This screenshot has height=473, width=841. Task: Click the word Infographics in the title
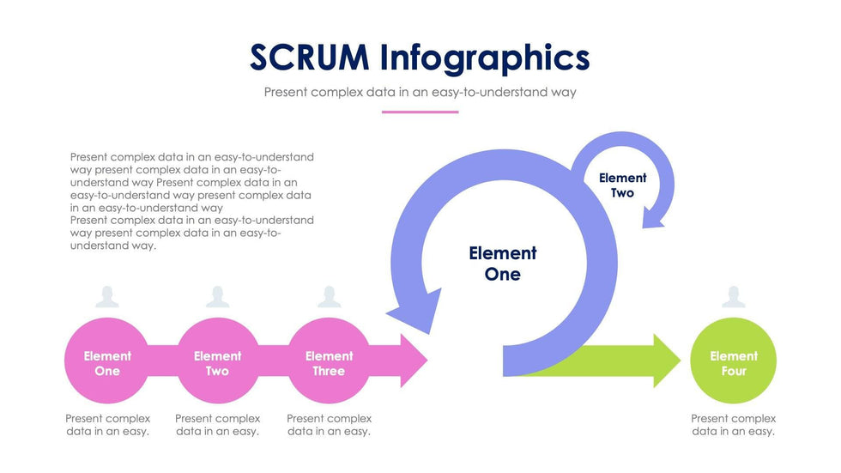point(485,58)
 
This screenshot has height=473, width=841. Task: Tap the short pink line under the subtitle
point(420,112)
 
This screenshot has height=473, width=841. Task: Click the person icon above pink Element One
point(107,297)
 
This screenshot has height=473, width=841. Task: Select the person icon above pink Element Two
point(217,297)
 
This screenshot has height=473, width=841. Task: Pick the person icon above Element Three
point(329,297)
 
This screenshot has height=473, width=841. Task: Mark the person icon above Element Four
point(733,297)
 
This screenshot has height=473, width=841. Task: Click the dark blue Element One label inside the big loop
point(503,264)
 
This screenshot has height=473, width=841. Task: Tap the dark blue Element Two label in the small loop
point(622,185)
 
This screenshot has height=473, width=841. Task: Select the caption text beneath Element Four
point(733,425)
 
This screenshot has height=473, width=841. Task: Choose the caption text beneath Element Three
point(329,425)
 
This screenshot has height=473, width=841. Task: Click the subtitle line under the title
point(420,92)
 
